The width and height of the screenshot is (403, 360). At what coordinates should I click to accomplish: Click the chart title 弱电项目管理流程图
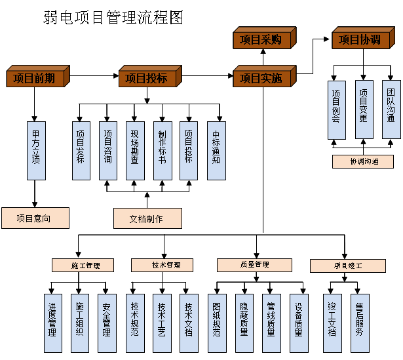coord(113,18)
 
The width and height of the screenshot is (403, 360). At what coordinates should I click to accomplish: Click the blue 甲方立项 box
coord(36,150)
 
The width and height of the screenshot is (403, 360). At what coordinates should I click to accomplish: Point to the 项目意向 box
coord(35,218)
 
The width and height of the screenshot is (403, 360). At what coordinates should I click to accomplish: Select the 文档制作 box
coord(147,218)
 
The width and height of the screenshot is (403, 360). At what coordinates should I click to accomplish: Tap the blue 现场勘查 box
coord(135,150)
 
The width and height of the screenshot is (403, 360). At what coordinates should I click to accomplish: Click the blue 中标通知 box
coord(217,150)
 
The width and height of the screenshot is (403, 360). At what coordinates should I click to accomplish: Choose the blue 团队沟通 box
coord(391,110)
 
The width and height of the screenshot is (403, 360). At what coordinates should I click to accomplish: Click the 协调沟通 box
coord(362,161)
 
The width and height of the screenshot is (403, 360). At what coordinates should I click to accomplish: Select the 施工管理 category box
coord(83,265)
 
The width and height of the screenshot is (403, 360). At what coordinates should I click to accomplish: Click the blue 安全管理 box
coord(106,319)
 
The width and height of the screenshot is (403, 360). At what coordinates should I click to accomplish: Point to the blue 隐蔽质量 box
coord(244,319)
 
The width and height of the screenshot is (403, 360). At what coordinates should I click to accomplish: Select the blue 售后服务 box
coord(359,319)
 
